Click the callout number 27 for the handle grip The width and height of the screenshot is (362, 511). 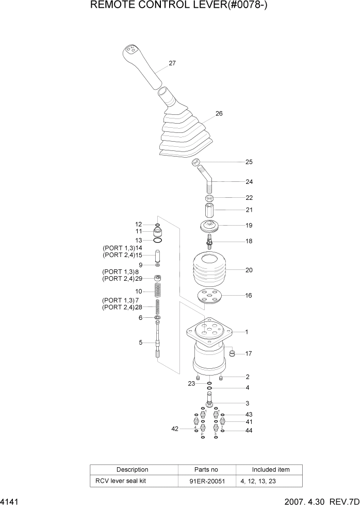pyautogui.click(x=172, y=63)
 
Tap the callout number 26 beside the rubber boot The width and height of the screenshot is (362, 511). pyautogui.click(x=219, y=113)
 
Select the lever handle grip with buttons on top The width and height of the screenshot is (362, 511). pyautogui.click(x=142, y=65)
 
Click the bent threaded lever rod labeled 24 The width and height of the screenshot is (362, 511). pyautogui.click(x=208, y=180)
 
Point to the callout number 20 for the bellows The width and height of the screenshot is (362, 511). pyautogui.click(x=249, y=270)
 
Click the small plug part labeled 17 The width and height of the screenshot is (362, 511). pyautogui.click(x=232, y=353)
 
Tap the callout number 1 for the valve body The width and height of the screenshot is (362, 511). pyautogui.click(x=246, y=332)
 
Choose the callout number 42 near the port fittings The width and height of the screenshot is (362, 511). pyautogui.click(x=175, y=428)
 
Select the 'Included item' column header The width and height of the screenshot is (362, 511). pyautogui.click(x=270, y=470)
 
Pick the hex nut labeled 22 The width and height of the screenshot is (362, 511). pyautogui.click(x=209, y=198)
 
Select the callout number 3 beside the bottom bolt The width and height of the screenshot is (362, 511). pyautogui.click(x=247, y=403)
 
